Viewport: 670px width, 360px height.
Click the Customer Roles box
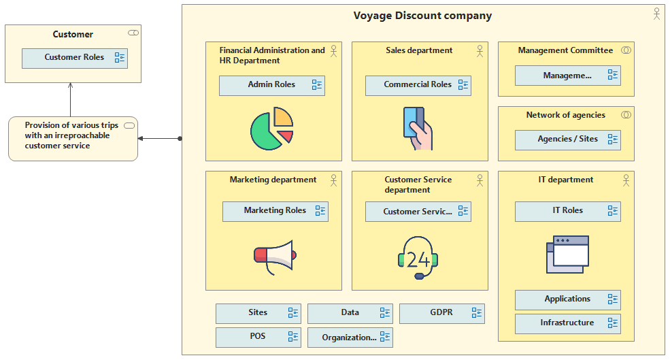pyautogui.click(x=75, y=58)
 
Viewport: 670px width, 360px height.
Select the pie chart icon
pyautogui.click(x=272, y=128)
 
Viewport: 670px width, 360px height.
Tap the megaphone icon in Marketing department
pyautogui.click(x=275, y=257)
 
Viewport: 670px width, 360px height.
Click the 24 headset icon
pyautogui.click(x=418, y=258)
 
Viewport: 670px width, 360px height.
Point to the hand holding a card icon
pyautogui.click(x=418, y=128)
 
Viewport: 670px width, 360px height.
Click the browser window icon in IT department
pyautogui.click(x=567, y=255)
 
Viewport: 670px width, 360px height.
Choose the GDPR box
pyautogui.click(x=442, y=314)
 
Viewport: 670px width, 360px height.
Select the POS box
pyautogui.click(x=258, y=338)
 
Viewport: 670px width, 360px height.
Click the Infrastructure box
pyautogui.click(x=567, y=324)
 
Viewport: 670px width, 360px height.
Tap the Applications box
pyautogui.click(x=567, y=299)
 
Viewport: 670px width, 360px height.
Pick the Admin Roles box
pyautogui.click(x=272, y=86)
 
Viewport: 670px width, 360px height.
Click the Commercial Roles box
pyautogui.click(x=418, y=86)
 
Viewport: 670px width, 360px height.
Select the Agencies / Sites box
pyautogui.click(x=567, y=140)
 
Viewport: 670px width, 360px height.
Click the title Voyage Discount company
pyautogui.click(x=422, y=16)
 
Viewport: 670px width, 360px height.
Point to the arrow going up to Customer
pyautogui.click(x=71, y=99)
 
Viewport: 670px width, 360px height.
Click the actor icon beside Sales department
pyautogui.click(x=480, y=51)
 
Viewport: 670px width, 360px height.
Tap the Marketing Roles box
pyautogui.click(x=275, y=211)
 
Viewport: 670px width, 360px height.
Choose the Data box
pyautogui.click(x=350, y=314)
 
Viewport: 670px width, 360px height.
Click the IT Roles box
pyautogui.click(x=567, y=211)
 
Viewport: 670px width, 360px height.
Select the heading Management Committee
pyautogui.click(x=565, y=50)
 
